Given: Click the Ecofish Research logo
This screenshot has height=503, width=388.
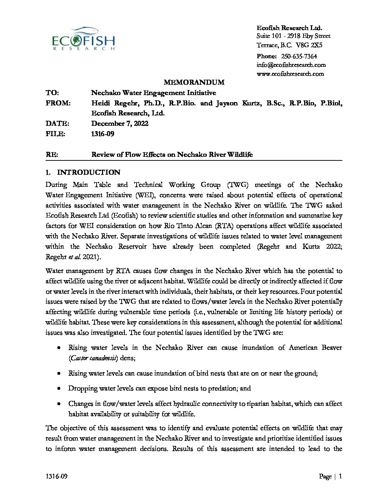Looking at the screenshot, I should click(83, 39).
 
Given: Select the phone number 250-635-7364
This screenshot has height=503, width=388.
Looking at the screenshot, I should click(299, 56).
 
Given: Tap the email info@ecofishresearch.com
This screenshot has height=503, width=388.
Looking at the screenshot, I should click(291, 65).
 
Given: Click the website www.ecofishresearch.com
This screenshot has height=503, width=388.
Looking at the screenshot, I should click(290, 74).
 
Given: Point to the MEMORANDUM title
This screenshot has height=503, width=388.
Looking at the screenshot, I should click(194, 83).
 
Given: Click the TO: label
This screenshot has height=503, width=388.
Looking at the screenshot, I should click(52, 93).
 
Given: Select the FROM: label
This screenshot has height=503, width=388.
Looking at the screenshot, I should click(58, 103).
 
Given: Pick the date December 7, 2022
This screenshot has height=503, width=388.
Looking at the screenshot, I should click(120, 124).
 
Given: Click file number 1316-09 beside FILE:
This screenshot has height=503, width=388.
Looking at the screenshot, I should click(103, 134).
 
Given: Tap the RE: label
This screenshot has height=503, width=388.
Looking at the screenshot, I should click(52, 155).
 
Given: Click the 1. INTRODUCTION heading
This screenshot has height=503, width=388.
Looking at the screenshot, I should click(83, 173).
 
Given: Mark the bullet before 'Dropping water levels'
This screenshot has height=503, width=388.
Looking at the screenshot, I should click(59, 388).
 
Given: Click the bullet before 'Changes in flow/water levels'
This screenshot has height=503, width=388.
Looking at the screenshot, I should click(59, 404).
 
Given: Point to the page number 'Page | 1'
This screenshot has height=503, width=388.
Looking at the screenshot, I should click(331, 476).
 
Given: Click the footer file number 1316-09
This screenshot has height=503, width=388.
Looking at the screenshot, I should click(56, 477).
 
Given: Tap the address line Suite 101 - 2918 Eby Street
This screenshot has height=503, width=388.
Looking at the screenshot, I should click(293, 36).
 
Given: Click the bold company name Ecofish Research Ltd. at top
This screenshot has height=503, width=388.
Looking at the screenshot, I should click(289, 28).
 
